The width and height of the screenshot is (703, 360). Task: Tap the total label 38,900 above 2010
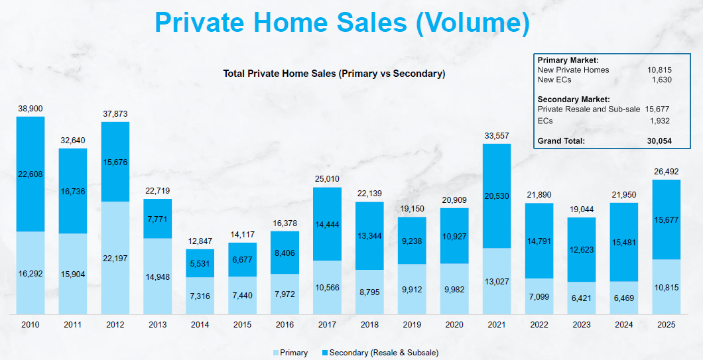[x=31, y=108]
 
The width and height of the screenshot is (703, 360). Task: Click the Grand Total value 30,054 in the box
[x=659, y=141]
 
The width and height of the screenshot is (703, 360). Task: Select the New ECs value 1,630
[x=661, y=80]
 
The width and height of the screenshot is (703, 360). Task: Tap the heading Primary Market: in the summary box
[x=568, y=60]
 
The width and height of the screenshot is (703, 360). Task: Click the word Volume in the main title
[x=472, y=22]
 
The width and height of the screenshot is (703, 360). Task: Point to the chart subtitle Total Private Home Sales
[x=334, y=74]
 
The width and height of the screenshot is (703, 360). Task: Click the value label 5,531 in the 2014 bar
[x=200, y=263]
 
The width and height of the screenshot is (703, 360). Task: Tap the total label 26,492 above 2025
[x=666, y=172]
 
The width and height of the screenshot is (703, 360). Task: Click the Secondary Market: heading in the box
[x=574, y=99]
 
